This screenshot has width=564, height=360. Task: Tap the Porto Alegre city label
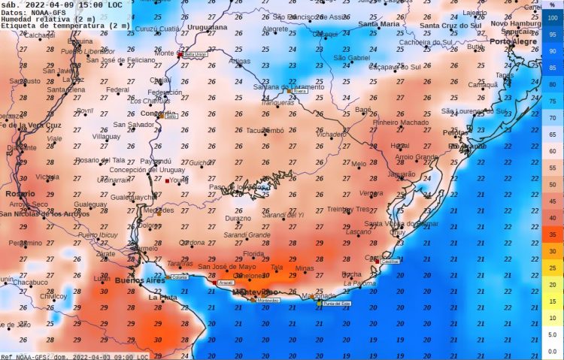[x=511, y=42]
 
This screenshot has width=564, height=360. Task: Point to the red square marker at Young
[x=167, y=180]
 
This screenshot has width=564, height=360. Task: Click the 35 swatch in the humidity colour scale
[x=552, y=234]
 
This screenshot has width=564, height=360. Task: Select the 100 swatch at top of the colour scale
[x=552, y=17]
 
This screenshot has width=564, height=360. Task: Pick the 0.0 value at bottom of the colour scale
[x=552, y=351]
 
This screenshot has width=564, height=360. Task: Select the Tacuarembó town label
[x=265, y=130]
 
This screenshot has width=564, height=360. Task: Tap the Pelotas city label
[x=435, y=132]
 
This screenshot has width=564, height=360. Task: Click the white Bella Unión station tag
[x=196, y=55]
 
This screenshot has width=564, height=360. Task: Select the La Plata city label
[x=163, y=298]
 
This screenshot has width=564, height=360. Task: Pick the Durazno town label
[x=238, y=218]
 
